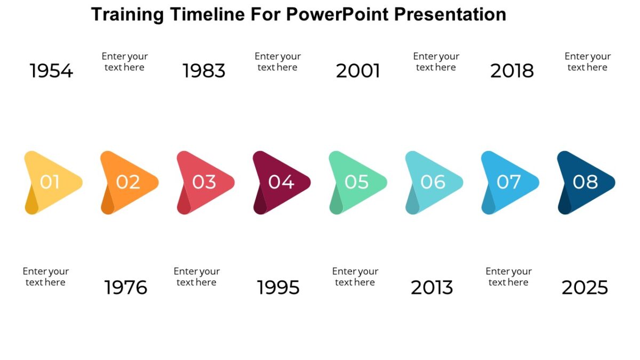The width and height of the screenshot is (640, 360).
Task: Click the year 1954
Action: click(x=51, y=71)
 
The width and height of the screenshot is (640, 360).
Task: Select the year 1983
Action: click(x=204, y=71)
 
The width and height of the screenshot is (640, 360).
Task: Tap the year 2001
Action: click(x=358, y=71)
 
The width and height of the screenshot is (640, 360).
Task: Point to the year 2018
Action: click(x=512, y=71)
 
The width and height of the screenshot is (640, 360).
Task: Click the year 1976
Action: click(x=126, y=288)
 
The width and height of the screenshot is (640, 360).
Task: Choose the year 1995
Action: click(x=278, y=288)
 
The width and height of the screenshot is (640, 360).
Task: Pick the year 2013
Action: click(x=432, y=288)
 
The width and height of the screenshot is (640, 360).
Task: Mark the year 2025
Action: click(x=585, y=288)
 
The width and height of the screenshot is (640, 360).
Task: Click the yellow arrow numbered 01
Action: click(x=51, y=182)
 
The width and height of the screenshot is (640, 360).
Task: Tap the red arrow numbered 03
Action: click(x=204, y=182)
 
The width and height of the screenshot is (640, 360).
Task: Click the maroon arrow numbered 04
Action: click(x=281, y=182)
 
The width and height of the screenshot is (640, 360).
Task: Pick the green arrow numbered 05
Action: click(x=357, y=182)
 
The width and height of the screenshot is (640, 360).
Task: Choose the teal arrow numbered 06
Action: click(x=433, y=182)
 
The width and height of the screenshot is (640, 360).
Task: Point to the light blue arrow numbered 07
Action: click(x=509, y=182)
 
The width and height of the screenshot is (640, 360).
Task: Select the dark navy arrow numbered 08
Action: click(x=585, y=182)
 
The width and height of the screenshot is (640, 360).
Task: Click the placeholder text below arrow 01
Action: click(x=46, y=277)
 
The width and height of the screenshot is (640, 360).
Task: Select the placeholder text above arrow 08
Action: click(x=588, y=62)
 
